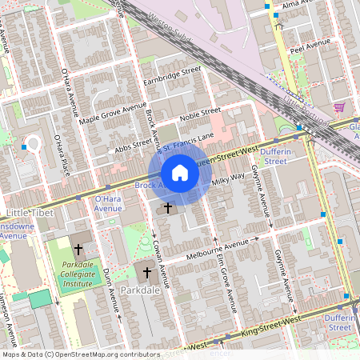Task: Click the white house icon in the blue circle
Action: [x=180, y=173]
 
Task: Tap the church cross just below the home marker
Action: [x=168, y=208]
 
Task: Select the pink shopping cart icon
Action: [x=339, y=106]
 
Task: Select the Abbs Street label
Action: [x=133, y=146]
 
